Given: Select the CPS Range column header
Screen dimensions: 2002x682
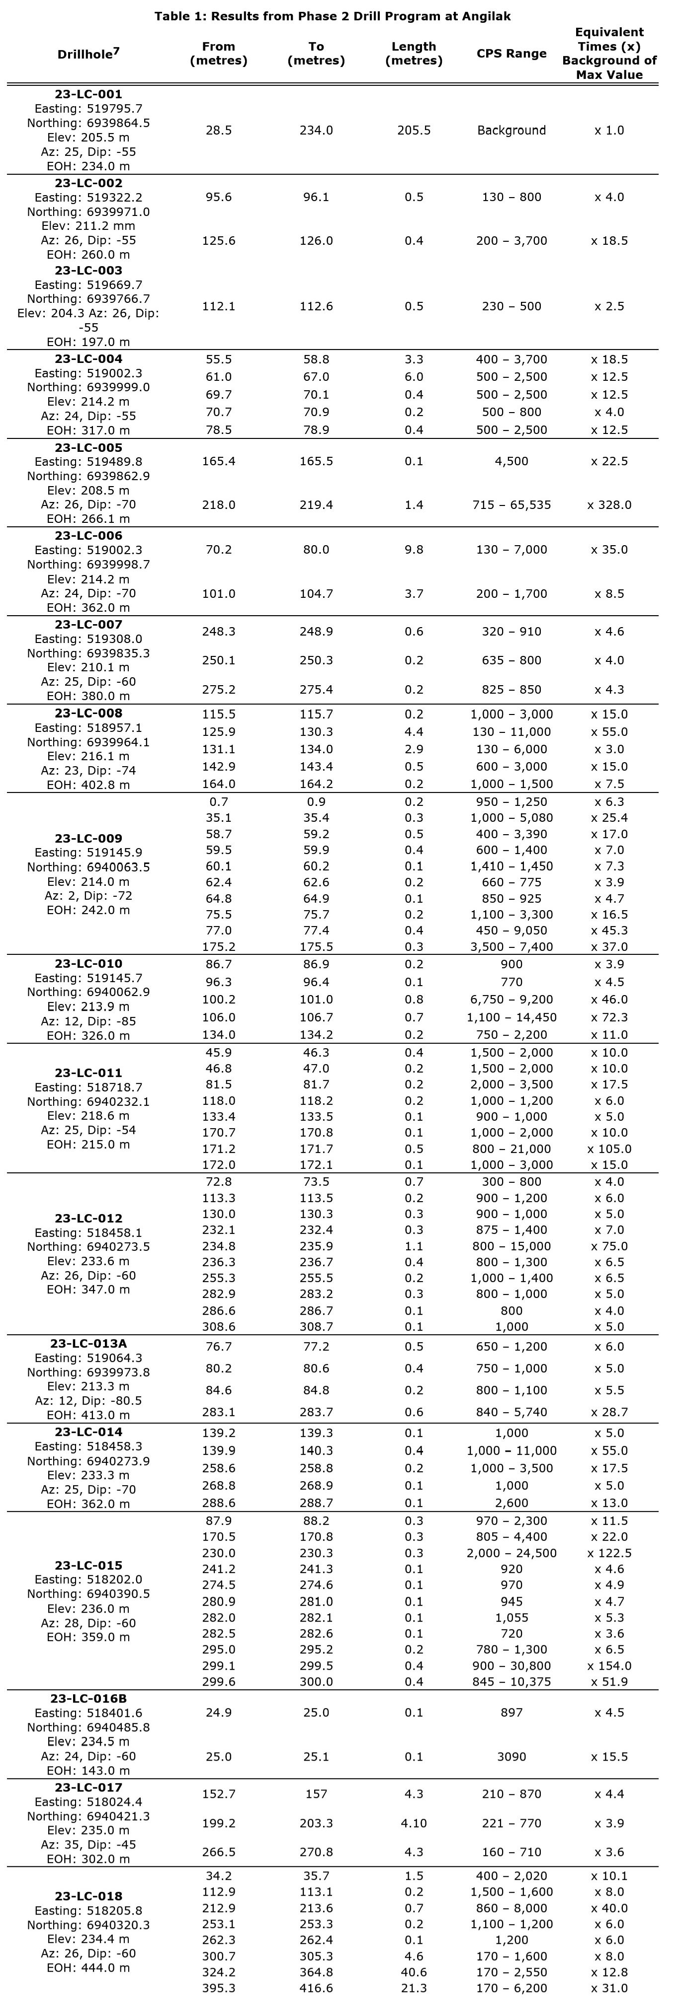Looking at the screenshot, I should coord(511,54).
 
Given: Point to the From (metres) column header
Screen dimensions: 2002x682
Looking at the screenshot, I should coord(219,54).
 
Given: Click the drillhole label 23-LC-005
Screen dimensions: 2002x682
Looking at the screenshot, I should coord(88,448).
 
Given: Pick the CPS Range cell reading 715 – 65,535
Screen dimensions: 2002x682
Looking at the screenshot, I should coord(511,505).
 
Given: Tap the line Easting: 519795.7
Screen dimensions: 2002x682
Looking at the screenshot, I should coord(88,109).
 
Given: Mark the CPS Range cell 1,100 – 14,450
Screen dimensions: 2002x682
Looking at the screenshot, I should coord(511,1017).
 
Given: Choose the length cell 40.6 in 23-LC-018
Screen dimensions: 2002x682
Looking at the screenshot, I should coord(414,1972).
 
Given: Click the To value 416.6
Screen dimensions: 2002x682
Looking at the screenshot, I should coord(316,1988).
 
